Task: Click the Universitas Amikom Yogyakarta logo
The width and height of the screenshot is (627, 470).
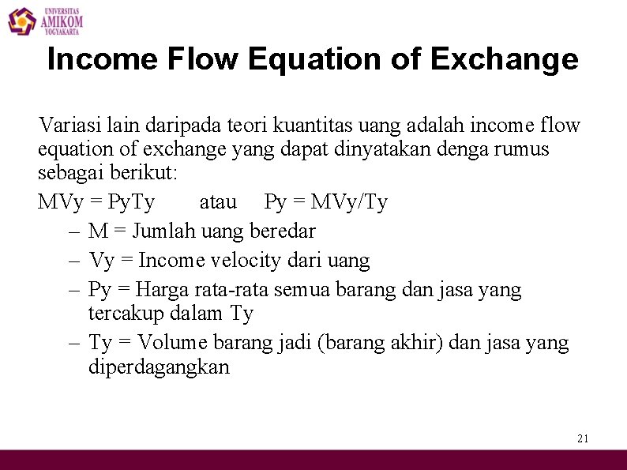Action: click(x=45, y=21)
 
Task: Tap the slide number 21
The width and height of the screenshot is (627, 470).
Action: click(x=584, y=438)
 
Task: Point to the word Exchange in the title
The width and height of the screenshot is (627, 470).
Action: click(x=504, y=59)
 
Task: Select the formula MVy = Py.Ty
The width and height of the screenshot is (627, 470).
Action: click(x=96, y=202)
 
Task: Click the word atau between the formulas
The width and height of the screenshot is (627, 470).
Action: click(x=218, y=202)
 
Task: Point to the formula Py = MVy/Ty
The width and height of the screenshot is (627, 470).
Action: click(x=326, y=202)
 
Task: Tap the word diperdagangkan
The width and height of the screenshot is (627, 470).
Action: click(x=159, y=367)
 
